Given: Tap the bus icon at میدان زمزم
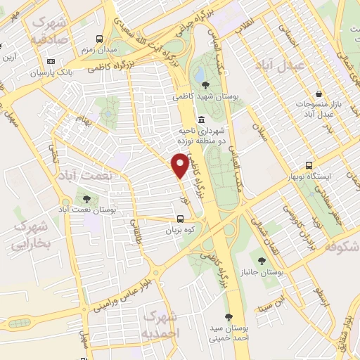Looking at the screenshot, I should (100, 39).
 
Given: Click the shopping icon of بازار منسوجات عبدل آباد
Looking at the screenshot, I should (319, 94).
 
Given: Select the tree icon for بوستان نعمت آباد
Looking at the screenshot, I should (87, 200).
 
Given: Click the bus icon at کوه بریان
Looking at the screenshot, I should (181, 219).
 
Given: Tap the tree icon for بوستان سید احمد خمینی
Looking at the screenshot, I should (229, 317).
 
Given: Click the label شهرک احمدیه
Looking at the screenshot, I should (160, 323).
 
